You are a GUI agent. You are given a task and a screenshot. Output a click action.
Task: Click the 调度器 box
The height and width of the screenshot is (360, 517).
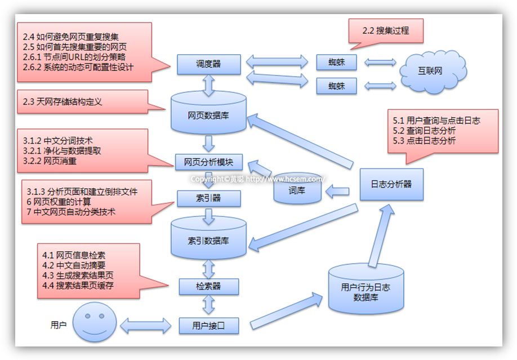click(x=209, y=64)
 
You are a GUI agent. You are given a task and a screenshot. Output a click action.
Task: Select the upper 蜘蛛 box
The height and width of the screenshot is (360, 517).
click(x=336, y=62)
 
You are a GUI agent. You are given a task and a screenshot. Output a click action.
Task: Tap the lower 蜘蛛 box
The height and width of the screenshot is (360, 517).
click(x=336, y=86)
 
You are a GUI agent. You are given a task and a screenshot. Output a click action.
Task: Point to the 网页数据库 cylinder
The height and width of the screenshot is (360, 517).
click(x=208, y=115)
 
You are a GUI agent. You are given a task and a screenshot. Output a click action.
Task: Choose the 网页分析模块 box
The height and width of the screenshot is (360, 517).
click(x=208, y=162)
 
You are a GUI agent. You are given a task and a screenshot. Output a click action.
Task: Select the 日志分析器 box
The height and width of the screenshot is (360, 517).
click(x=391, y=184)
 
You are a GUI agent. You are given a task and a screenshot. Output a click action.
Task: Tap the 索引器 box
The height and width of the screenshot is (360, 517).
click(x=208, y=198)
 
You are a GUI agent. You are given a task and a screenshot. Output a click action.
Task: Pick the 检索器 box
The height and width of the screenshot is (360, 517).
click(x=208, y=286)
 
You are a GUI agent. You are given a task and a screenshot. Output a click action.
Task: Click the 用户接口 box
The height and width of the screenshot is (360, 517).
click(x=208, y=326)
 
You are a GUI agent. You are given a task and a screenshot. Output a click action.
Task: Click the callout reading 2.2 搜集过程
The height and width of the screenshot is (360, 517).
click(x=385, y=32)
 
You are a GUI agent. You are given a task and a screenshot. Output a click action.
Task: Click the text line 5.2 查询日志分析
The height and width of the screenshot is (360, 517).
click(x=424, y=131)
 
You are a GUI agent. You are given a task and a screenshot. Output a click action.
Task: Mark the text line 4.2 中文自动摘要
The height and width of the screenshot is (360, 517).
click(x=74, y=265)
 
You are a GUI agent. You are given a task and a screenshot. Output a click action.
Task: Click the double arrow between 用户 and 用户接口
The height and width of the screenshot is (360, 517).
click(x=145, y=325)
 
